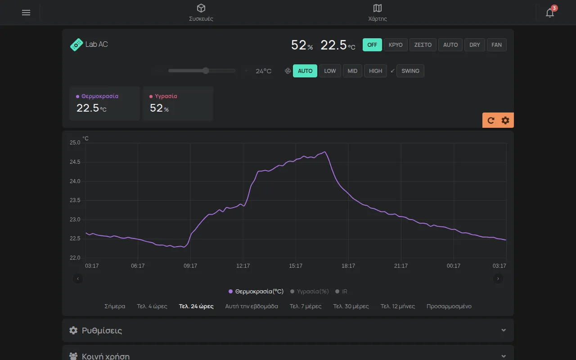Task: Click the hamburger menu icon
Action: point(26,13)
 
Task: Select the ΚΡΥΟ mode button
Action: point(396,45)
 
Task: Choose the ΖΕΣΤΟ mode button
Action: point(423,45)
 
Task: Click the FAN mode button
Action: point(496,45)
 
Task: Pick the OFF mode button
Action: point(372,45)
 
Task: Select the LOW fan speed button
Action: point(330,71)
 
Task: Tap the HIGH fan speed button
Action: point(375,71)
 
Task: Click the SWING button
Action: point(410,71)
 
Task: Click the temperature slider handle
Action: point(206,71)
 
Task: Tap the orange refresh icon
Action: point(490,120)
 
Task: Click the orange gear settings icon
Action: point(505,120)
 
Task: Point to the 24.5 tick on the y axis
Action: point(75,162)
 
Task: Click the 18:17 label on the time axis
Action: point(348,265)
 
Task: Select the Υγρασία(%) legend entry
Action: point(309,291)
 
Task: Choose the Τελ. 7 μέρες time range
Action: point(306,306)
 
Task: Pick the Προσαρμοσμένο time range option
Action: point(449,306)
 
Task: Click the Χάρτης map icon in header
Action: point(377,8)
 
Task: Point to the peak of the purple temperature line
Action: point(325,152)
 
